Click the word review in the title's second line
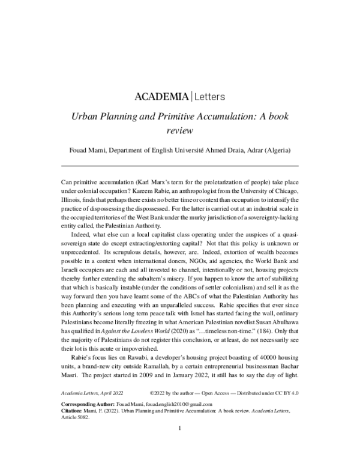pos(179,130)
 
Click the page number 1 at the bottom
pos(179,428)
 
